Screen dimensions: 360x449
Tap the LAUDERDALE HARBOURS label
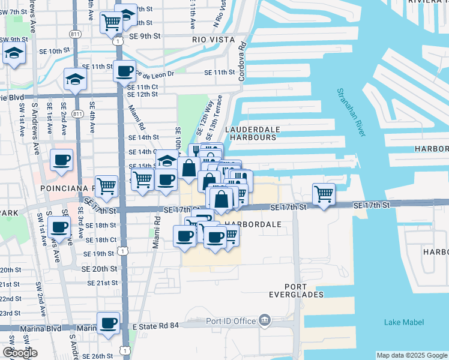pos(250,133)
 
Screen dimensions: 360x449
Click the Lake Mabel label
pos(404,322)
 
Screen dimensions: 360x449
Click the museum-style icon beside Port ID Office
pos(264,321)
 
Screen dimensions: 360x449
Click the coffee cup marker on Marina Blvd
pos(109,323)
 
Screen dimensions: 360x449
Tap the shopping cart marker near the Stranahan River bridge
pos(324,194)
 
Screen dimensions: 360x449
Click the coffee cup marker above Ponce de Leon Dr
pos(125,71)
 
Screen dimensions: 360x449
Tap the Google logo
pos(19,353)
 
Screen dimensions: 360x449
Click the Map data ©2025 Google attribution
pos(411,355)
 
